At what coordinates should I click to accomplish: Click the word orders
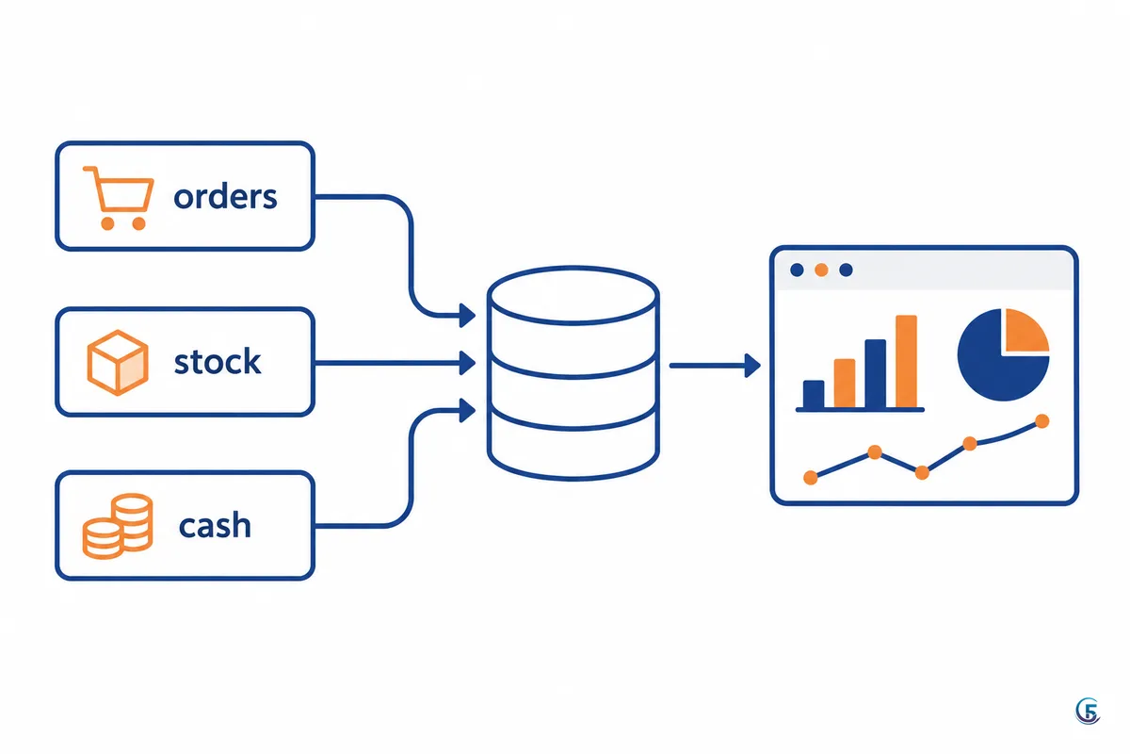click(225, 196)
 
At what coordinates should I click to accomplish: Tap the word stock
click(218, 361)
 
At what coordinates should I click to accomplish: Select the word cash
click(215, 525)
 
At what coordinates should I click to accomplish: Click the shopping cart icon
click(119, 198)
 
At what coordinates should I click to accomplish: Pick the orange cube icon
click(118, 362)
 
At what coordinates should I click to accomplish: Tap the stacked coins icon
click(118, 526)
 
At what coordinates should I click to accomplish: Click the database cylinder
click(573, 373)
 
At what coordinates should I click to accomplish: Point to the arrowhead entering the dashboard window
click(752, 365)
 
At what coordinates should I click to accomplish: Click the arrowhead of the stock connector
click(467, 363)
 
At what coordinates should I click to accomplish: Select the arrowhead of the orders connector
click(467, 316)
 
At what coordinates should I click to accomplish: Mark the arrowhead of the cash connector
click(467, 410)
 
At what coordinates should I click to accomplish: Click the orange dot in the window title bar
click(821, 270)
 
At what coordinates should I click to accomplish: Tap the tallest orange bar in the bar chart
click(906, 361)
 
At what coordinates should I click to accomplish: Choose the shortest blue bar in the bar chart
click(814, 394)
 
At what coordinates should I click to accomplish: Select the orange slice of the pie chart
click(1026, 330)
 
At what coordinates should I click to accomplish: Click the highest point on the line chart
click(1041, 420)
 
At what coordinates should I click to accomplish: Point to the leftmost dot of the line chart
click(810, 477)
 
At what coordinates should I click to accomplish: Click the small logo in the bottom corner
click(1088, 712)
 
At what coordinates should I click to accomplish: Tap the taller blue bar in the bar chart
click(875, 374)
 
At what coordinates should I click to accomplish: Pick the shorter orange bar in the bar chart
click(845, 383)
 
